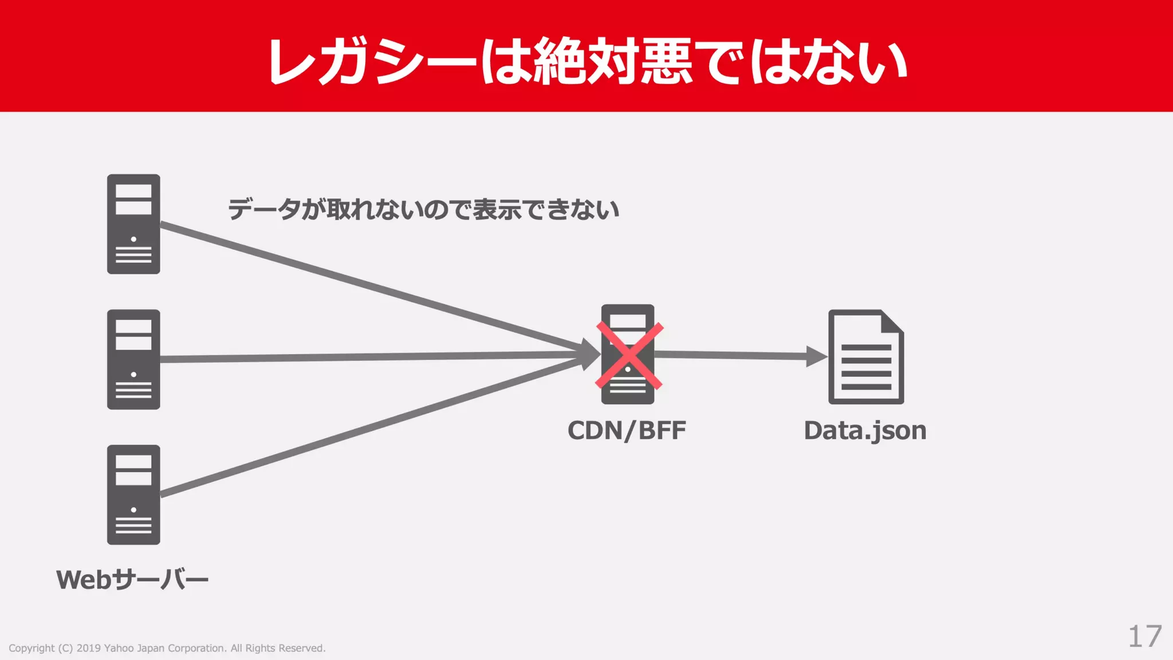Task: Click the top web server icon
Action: point(133,224)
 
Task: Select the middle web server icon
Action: point(133,359)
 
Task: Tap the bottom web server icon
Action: point(133,494)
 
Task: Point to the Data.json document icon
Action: point(865,357)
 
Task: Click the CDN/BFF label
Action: point(627,431)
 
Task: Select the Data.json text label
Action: point(865,431)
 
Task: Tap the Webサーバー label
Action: point(132,580)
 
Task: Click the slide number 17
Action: point(1144,637)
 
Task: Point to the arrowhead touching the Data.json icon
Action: point(816,356)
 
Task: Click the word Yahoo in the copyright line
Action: point(119,648)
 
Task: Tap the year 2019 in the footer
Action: point(88,648)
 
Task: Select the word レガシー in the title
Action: point(372,62)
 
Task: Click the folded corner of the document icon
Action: point(892,322)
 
